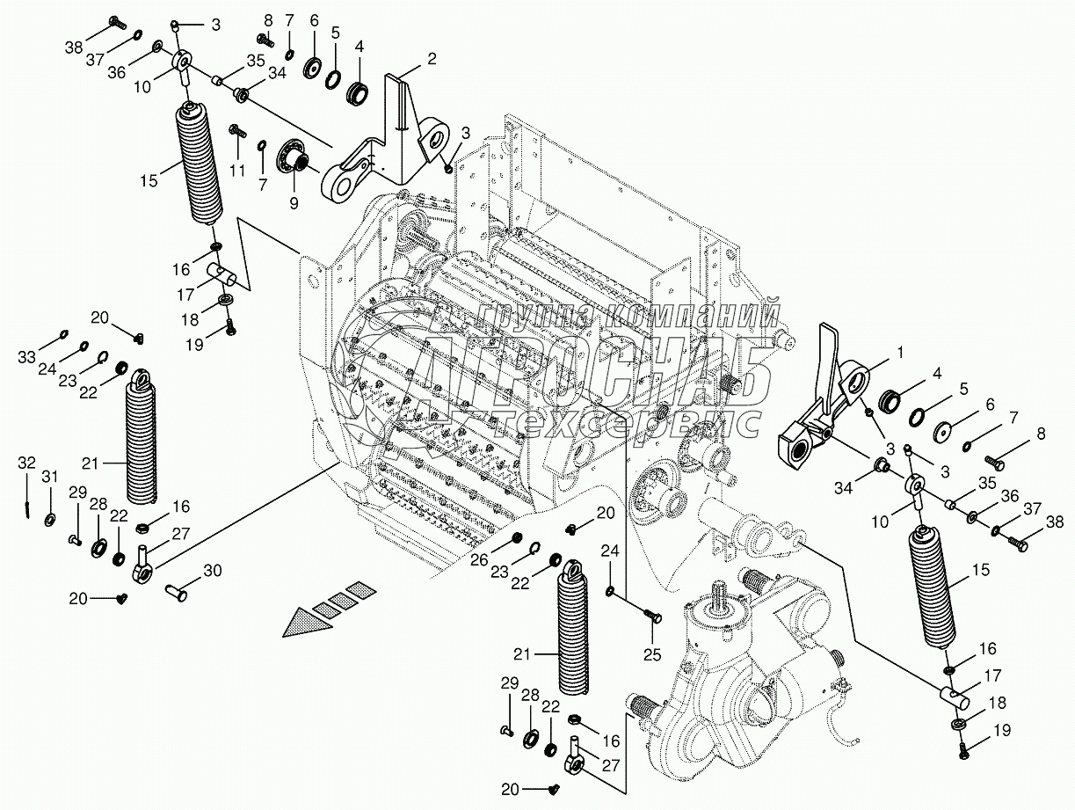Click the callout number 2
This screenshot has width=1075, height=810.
tap(431, 59)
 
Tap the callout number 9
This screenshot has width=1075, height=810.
tap(294, 203)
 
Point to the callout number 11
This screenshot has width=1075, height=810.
tap(237, 171)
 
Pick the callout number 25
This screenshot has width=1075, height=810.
tap(653, 654)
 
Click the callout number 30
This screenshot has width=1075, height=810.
tap(212, 571)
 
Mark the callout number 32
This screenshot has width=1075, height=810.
tap(27, 463)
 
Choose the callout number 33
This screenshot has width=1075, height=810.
tap(27, 357)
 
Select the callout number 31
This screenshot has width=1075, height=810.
tap(49, 477)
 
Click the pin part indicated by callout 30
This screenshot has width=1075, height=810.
tap(177, 593)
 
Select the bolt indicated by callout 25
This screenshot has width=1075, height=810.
tap(652, 617)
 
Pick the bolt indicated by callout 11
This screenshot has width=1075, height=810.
tap(237, 132)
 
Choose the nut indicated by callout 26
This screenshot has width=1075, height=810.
tap(516, 538)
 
